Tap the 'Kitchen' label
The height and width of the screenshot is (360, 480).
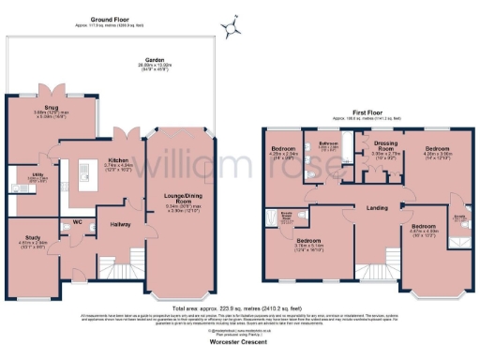117,160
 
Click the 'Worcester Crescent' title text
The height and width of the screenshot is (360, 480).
239,344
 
